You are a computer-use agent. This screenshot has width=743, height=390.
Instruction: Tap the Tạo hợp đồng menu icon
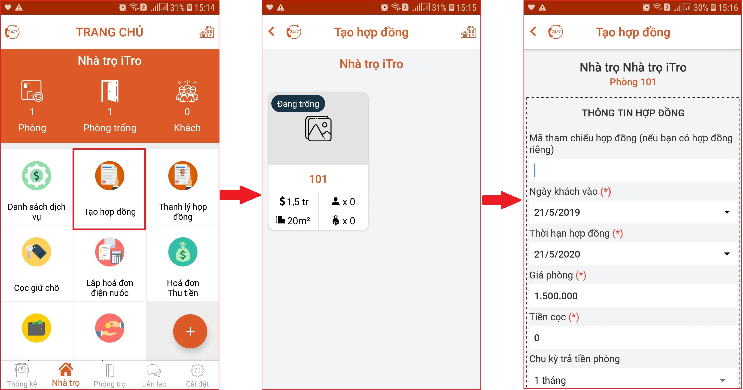tap(110, 175)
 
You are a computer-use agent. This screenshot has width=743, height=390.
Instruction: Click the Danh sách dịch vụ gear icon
tap(37, 175)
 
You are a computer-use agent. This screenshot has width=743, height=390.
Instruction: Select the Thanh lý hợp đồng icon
tap(183, 175)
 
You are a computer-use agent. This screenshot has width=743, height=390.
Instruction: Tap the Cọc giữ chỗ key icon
tap(37, 252)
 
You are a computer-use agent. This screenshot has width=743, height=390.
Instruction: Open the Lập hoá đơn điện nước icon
tap(110, 252)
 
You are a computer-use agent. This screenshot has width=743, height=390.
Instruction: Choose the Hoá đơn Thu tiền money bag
tap(183, 252)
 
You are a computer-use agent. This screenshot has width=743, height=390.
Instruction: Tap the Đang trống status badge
tap(298, 104)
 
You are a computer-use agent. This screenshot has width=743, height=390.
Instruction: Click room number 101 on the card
tap(318, 179)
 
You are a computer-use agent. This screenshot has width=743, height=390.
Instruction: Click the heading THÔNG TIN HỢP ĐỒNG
tap(633, 113)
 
